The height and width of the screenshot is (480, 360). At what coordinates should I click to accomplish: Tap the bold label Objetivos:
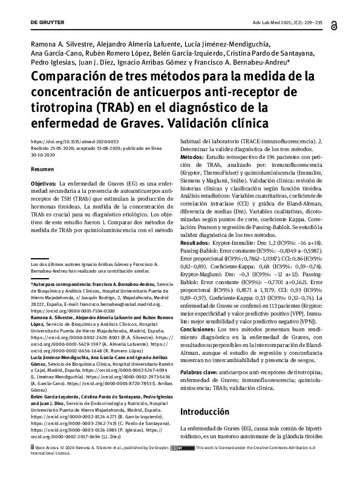[x=44, y=182]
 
